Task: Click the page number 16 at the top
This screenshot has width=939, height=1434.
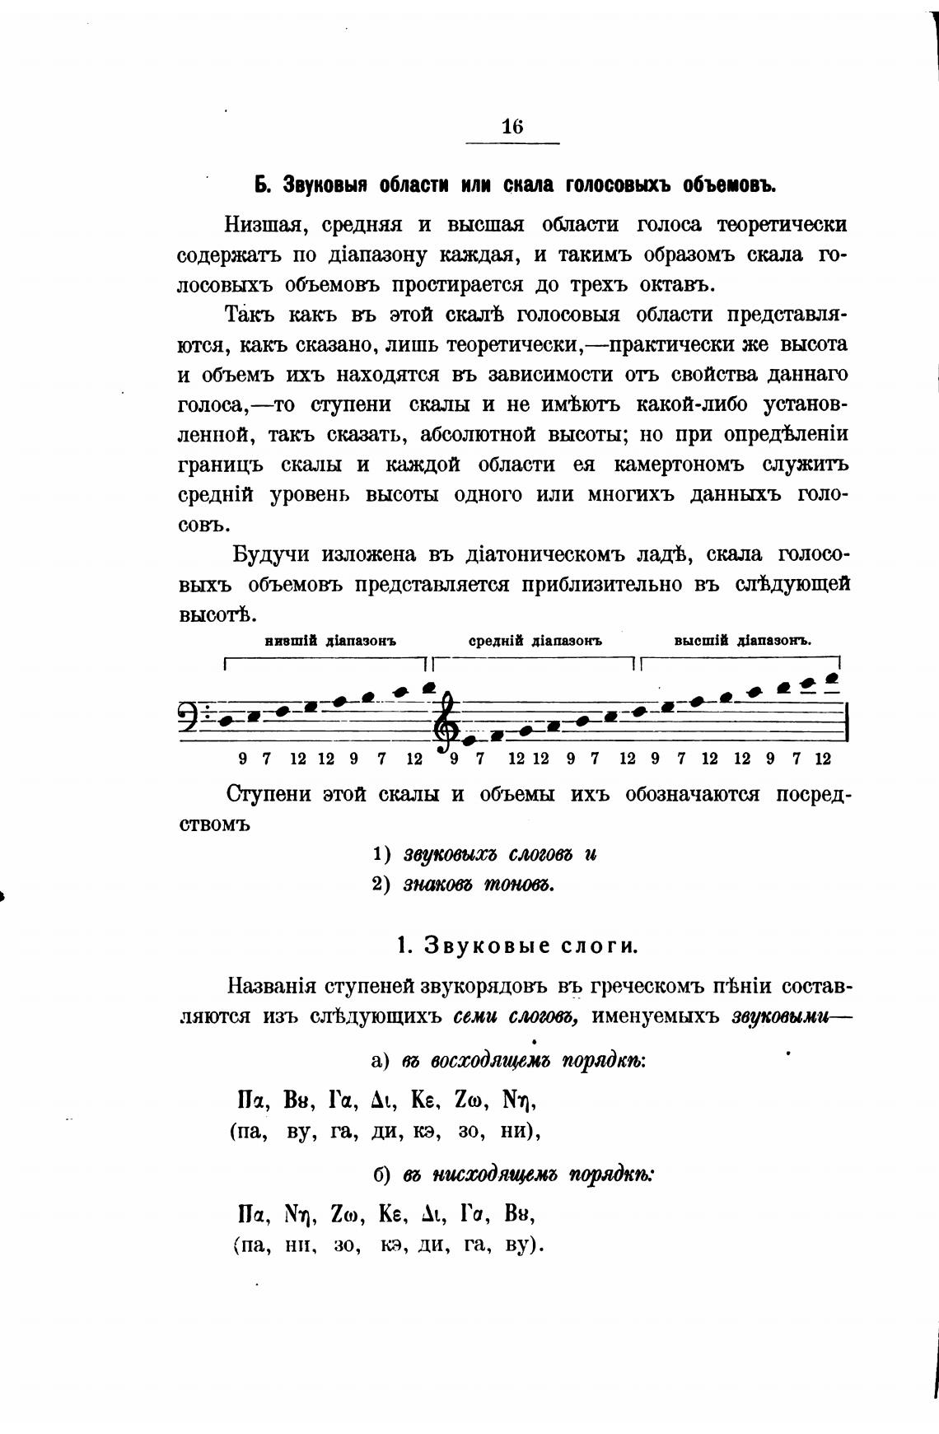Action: tap(512, 127)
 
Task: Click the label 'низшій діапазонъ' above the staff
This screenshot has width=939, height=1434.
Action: tap(330, 641)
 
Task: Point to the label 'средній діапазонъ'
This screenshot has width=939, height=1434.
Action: tap(536, 641)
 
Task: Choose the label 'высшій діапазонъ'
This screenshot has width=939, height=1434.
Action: tap(743, 641)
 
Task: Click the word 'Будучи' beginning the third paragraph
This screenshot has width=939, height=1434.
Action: tap(271, 554)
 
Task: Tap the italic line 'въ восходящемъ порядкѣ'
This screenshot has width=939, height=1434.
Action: tap(523, 1061)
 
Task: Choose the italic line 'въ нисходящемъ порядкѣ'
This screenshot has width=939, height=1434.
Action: tap(528, 1175)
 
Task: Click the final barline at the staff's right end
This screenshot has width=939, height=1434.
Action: tap(848, 722)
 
